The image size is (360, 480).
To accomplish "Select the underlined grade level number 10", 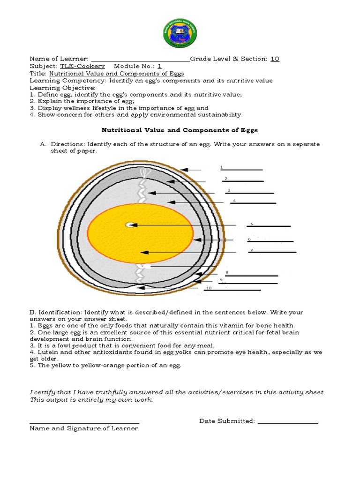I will (x=275, y=59).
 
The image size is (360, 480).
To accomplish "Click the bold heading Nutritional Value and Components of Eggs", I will (x=180, y=130).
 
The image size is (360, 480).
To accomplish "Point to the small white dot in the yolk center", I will (x=129, y=225).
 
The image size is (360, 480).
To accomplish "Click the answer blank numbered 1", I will (x=241, y=169).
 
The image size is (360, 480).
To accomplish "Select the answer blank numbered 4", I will (x=253, y=202).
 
